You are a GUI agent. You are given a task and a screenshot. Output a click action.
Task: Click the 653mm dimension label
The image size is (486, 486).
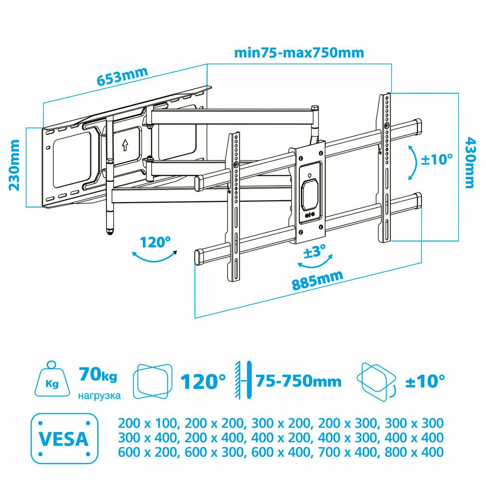[122, 76]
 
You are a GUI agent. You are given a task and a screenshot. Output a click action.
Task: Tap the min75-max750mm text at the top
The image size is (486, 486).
[299, 52]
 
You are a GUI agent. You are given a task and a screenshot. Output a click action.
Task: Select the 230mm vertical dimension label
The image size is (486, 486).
[14, 165]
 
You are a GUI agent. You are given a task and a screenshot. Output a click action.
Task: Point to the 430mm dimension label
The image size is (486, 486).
[470, 163]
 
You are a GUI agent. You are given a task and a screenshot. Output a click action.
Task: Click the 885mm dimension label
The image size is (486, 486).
[317, 280]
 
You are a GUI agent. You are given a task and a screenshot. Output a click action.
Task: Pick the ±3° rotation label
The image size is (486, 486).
[314, 251]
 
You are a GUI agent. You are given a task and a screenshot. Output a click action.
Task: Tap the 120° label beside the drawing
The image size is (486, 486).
[155, 242]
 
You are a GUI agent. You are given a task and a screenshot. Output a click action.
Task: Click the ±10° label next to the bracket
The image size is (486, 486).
[437, 159]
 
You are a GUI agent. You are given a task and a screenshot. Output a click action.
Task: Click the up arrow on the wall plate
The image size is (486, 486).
[125, 145]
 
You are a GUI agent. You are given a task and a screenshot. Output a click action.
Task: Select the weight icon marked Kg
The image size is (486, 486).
[52, 379]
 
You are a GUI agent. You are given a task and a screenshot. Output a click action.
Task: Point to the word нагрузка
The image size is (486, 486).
[99, 396]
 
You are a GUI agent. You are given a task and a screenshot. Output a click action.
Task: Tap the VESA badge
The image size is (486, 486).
[65, 438]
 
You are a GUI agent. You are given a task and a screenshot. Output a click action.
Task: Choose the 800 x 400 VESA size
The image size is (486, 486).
[414, 452]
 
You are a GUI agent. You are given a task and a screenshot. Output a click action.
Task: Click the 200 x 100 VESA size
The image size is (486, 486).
[148, 423]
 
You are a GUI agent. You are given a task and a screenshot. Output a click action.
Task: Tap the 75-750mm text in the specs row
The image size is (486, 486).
[298, 381]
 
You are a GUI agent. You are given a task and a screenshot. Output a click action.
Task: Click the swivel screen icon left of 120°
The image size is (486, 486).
[153, 382]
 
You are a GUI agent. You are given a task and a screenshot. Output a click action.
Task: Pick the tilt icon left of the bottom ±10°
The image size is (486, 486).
[377, 382]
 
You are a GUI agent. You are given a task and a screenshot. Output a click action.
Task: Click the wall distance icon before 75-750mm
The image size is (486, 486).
[243, 380]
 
